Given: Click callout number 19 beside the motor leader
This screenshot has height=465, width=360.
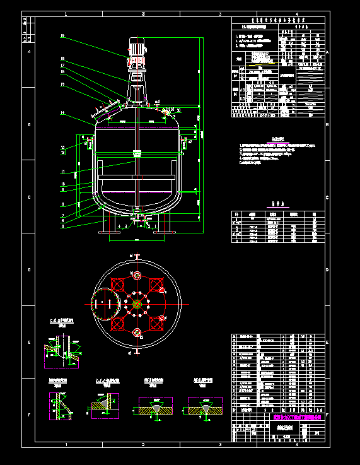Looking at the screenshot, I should click(x=62, y=37).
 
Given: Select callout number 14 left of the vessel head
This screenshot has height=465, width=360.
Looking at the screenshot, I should click(x=62, y=113).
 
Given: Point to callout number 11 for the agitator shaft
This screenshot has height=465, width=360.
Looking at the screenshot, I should click(x=62, y=172).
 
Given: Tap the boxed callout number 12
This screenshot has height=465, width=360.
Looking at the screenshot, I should click(x=62, y=151).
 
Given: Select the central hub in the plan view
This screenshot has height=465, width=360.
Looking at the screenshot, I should click(x=136, y=303).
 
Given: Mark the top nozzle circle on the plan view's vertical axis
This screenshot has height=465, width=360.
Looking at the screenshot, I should click(x=136, y=275).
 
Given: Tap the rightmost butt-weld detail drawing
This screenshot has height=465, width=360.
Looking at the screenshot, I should click(x=206, y=406).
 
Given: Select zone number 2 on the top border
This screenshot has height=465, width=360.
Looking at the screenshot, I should click(x=143, y=13).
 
